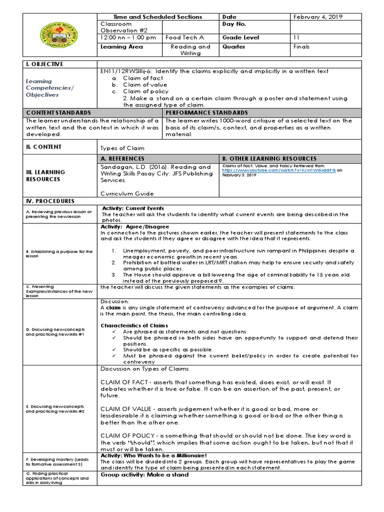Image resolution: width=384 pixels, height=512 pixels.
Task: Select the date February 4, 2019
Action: coord(315,16)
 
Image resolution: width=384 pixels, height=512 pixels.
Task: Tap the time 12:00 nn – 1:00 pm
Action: coord(128,37)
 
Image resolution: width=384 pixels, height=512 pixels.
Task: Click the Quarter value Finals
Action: coord(301,46)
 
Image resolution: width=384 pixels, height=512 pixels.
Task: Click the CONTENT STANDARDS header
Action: coord(58,113)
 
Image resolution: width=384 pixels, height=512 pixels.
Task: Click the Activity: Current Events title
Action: coord(133,208)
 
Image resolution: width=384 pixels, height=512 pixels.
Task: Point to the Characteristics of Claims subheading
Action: coord(133,325)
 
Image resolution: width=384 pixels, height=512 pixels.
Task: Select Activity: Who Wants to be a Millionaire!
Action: coord(153,455)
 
